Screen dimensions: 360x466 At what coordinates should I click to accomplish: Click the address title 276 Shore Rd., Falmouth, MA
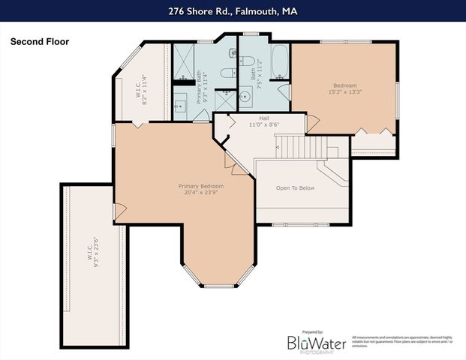[233, 11]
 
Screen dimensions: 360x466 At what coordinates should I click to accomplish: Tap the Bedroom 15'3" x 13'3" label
[344, 89]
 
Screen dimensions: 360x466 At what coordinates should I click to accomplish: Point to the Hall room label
[264, 118]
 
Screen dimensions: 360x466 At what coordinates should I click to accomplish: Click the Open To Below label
[295, 187]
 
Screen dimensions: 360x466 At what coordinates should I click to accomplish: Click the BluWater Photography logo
[317, 343]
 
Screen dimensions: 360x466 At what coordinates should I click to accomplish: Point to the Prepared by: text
[311, 331]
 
